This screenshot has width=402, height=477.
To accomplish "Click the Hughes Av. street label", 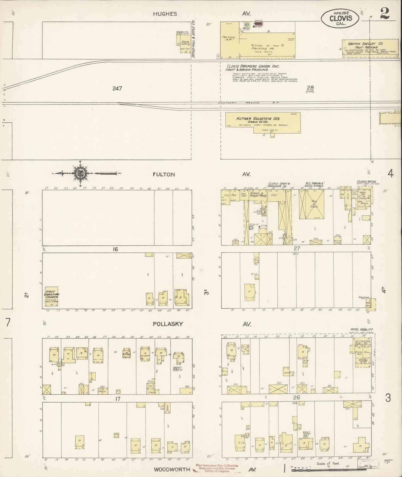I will [x=165, y=14].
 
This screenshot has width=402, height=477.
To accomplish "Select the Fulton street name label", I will [x=164, y=174].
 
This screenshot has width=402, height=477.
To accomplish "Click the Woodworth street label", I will [x=172, y=469].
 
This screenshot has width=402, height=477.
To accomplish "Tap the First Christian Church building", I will [x=51, y=297].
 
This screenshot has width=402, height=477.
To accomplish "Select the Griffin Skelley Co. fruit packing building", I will [x=370, y=48].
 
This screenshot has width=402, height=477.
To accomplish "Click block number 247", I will [x=117, y=88].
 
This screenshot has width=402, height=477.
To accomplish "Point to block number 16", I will [x=115, y=249].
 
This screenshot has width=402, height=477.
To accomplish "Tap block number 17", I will [x=118, y=399].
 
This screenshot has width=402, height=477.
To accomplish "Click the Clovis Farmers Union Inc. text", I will [x=253, y=66].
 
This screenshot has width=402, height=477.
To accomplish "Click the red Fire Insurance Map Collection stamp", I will [x=217, y=468].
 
